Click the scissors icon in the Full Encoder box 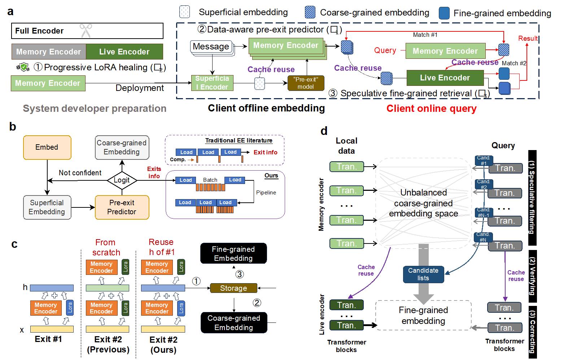(x=86, y=31)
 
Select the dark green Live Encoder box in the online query (x=445, y=78)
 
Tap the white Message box (x=211, y=47)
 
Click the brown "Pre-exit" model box (x=305, y=83)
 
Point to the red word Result (x=528, y=39)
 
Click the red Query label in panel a (x=385, y=51)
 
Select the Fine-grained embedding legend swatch (x=444, y=13)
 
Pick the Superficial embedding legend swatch (x=184, y=12)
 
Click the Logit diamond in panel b (x=122, y=180)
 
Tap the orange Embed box (x=47, y=147)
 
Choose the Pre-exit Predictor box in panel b (x=122, y=207)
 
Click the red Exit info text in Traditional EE (x=265, y=153)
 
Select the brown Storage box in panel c (x=233, y=288)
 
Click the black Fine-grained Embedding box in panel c (x=233, y=254)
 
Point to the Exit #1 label (x=48, y=339)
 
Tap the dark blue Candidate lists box (x=423, y=274)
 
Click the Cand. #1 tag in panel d (x=484, y=161)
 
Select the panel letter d (x=324, y=131)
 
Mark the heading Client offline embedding (x=266, y=108)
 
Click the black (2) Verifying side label (x=532, y=276)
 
